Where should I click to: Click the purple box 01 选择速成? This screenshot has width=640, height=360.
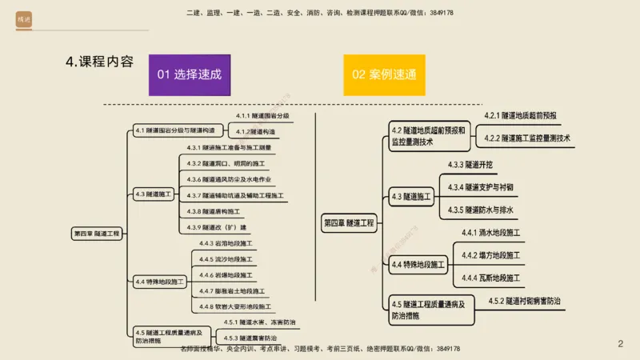(189, 74)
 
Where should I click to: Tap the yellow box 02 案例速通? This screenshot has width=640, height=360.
(384, 74)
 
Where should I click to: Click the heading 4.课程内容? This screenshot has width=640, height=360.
(100, 62)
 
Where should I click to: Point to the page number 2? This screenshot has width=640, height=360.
(620, 343)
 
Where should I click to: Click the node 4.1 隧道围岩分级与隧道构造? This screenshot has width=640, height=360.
(174, 130)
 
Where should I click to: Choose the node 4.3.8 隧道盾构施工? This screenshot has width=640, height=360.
(210, 211)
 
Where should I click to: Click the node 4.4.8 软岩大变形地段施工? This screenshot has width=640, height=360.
(235, 306)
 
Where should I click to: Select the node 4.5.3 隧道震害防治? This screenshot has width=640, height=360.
(251, 338)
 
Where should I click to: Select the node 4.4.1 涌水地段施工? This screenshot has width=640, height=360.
(491, 234)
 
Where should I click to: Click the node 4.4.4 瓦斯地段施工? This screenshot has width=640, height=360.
(491, 278)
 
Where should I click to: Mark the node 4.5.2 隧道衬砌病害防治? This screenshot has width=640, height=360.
(524, 302)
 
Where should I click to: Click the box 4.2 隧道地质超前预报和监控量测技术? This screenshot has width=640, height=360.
(427, 136)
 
